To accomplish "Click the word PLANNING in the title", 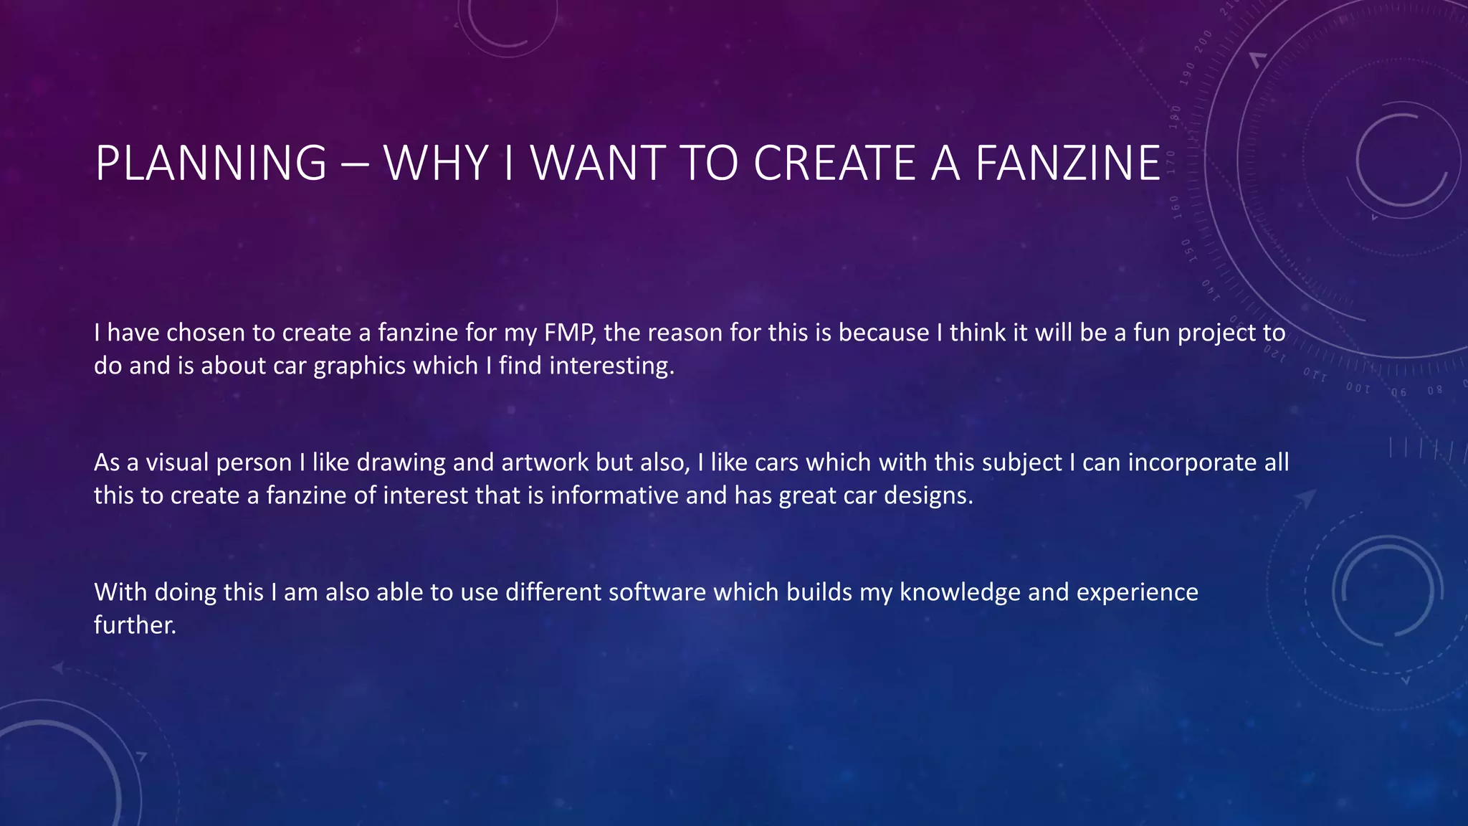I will (x=211, y=163).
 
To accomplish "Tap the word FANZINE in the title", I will (x=1068, y=163).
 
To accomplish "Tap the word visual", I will (x=177, y=462).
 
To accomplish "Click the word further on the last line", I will (x=135, y=625).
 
